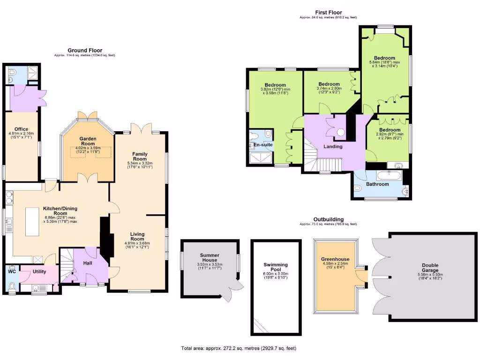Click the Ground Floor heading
tap(85, 50)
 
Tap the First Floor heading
tap(328, 13)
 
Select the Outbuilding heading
tap(328, 219)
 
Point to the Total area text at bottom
tap(239, 348)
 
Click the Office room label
tap(22, 129)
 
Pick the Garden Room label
tap(88, 142)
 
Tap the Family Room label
tap(140, 156)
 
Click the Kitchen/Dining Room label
tap(60, 210)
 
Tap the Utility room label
tap(39, 271)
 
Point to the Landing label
tap(333, 146)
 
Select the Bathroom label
tap(377, 184)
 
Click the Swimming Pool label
tap(275, 268)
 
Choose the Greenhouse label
tap(335, 259)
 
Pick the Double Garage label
tap(430, 267)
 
